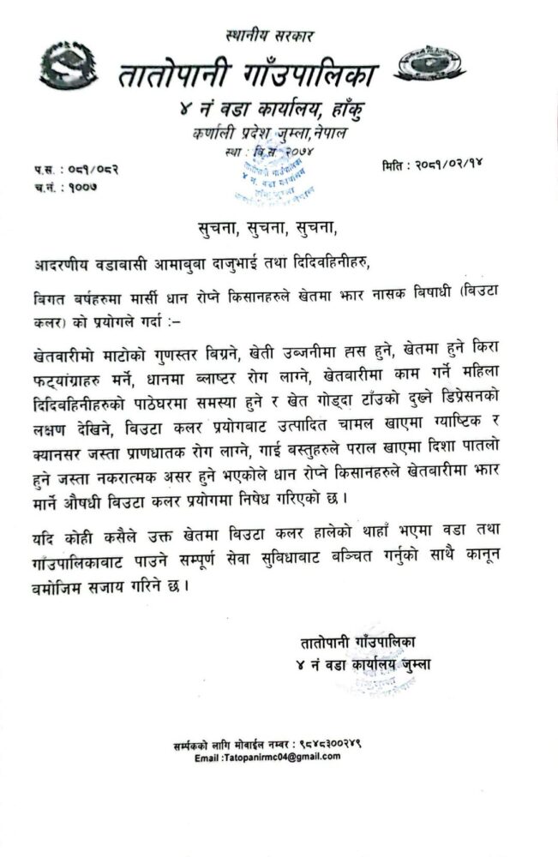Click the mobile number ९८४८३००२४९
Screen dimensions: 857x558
[x=328, y=745]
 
